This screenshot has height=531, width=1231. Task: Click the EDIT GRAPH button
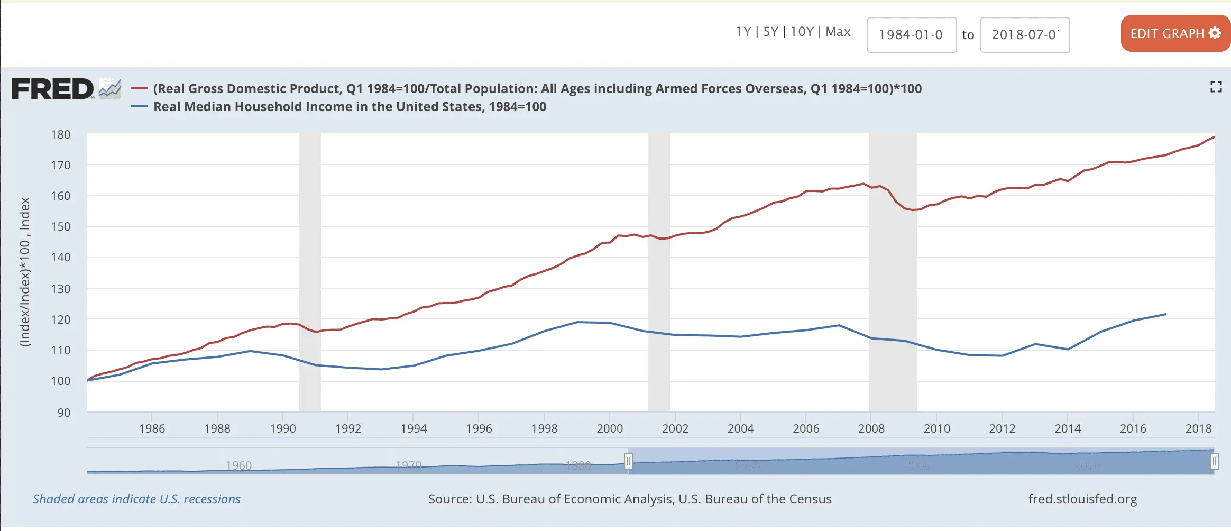tap(1175, 33)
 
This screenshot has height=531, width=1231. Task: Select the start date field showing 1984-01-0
tap(912, 35)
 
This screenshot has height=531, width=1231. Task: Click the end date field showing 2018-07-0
tap(1025, 35)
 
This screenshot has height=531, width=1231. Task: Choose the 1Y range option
tap(743, 32)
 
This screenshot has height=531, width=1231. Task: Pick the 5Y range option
tap(770, 32)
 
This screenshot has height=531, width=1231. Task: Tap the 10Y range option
tap(802, 32)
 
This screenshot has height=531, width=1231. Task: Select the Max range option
tap(838, 32)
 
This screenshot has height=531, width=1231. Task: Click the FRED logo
tap(53, 89)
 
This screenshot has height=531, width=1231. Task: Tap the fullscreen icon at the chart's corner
tap(1216, 87)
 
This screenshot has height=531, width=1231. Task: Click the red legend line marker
tap(140, 88)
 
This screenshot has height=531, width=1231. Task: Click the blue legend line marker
tap(140, 106)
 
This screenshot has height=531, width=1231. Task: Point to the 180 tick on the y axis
tap(61, 134)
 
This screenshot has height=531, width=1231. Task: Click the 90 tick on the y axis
tap(63, 413)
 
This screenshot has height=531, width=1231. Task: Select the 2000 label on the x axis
tap(610, 428)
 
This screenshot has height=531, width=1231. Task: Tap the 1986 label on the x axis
tap(152, 428)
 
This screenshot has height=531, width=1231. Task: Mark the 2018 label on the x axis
tap(1198, 428)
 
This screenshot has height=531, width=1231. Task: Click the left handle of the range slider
tap(628, 461)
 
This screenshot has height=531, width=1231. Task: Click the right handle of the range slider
tap(1215, 461)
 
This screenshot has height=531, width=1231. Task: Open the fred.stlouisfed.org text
tap(1082, 499)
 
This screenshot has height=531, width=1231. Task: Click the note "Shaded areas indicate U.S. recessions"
tap(136, 499)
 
